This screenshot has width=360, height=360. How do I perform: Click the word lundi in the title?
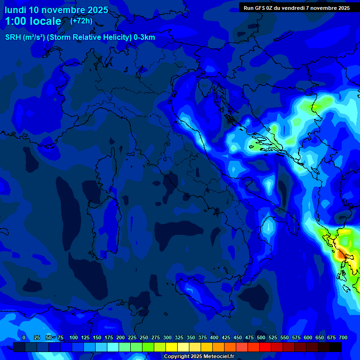click(x=15, y=10)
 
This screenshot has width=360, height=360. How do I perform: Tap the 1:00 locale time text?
click(x=33, y=21)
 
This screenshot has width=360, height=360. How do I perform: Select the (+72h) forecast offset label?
click(x=81, y=21)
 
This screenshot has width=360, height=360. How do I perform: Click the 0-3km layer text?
click(x=144, y=37)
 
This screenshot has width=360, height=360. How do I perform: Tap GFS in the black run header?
click(x=260, y=8)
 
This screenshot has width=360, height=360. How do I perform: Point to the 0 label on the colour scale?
click(x=24, y=337)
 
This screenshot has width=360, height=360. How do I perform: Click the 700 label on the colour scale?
click(x=343, y=337)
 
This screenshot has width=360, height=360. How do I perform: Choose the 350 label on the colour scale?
click(x=191, y=337)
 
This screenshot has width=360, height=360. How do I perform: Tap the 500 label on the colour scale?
click(x=261, y=337)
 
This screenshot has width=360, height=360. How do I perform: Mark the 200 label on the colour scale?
click(x=120, y=337)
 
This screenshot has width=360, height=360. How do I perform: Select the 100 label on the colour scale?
click(x=74, y=337)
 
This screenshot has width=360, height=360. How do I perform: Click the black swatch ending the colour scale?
click(x=335, y=347)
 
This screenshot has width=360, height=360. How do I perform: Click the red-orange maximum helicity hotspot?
click(x=339, y=255)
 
